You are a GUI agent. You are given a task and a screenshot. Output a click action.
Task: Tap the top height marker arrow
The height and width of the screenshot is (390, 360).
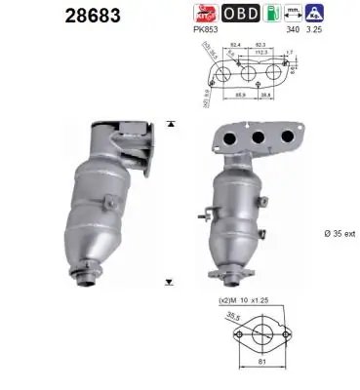[171, 125]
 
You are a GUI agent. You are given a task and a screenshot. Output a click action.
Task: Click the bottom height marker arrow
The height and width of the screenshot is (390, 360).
[171, 281]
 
